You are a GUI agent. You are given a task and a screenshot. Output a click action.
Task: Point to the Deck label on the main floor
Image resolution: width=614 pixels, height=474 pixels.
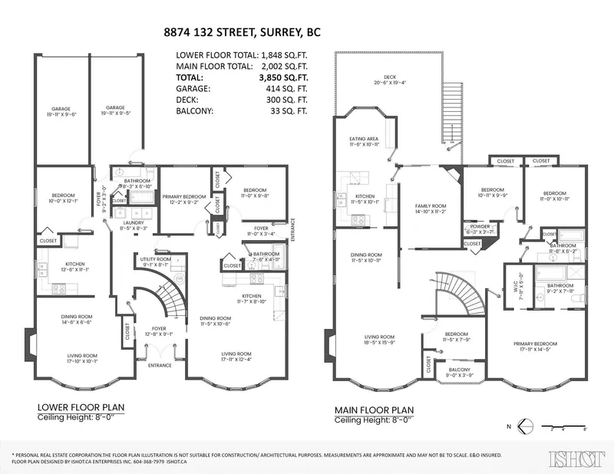pos(390,77)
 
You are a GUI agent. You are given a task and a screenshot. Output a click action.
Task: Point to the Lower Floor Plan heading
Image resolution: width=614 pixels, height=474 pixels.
pos(74,407)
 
